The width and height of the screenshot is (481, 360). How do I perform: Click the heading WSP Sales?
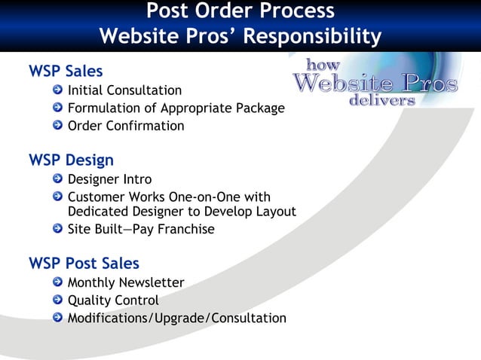pos(66,72)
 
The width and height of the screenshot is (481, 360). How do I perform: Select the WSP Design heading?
pos(71,160)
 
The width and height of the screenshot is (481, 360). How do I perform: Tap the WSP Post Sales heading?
pos(84,264)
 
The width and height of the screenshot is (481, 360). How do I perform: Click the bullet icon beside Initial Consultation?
pos(58,91)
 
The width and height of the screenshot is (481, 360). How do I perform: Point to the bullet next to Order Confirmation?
pos(58,126)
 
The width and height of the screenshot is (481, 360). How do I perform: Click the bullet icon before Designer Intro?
pos(58,179)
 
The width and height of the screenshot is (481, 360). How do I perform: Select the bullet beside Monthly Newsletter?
pos(58,282)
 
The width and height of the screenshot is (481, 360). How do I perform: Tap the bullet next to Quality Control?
pos(58,301)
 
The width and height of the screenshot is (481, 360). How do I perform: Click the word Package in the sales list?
pos(260,108)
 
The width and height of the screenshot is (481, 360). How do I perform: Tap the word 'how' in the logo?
pos(323,66)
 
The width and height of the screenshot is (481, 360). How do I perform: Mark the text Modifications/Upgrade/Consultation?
pos(176,318)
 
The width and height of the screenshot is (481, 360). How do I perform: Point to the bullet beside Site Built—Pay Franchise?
pos(58,229)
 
